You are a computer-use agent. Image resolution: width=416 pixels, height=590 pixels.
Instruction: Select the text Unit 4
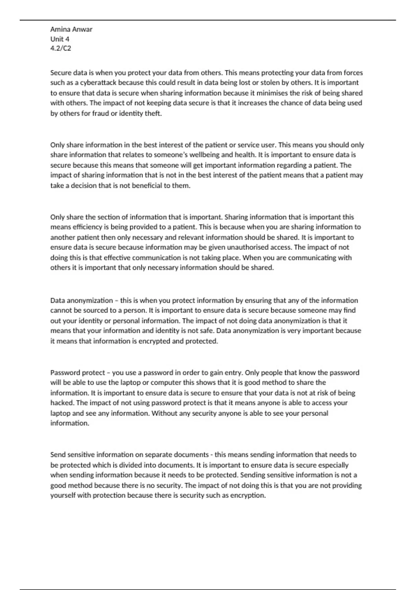pyautogui.click(x=60, y=39)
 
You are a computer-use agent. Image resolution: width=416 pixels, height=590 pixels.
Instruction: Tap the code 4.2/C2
pyautogui.click(x=61, y=48)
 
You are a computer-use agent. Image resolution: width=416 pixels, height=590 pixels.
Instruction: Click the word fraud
pyautogui.click(x=100, y=113)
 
